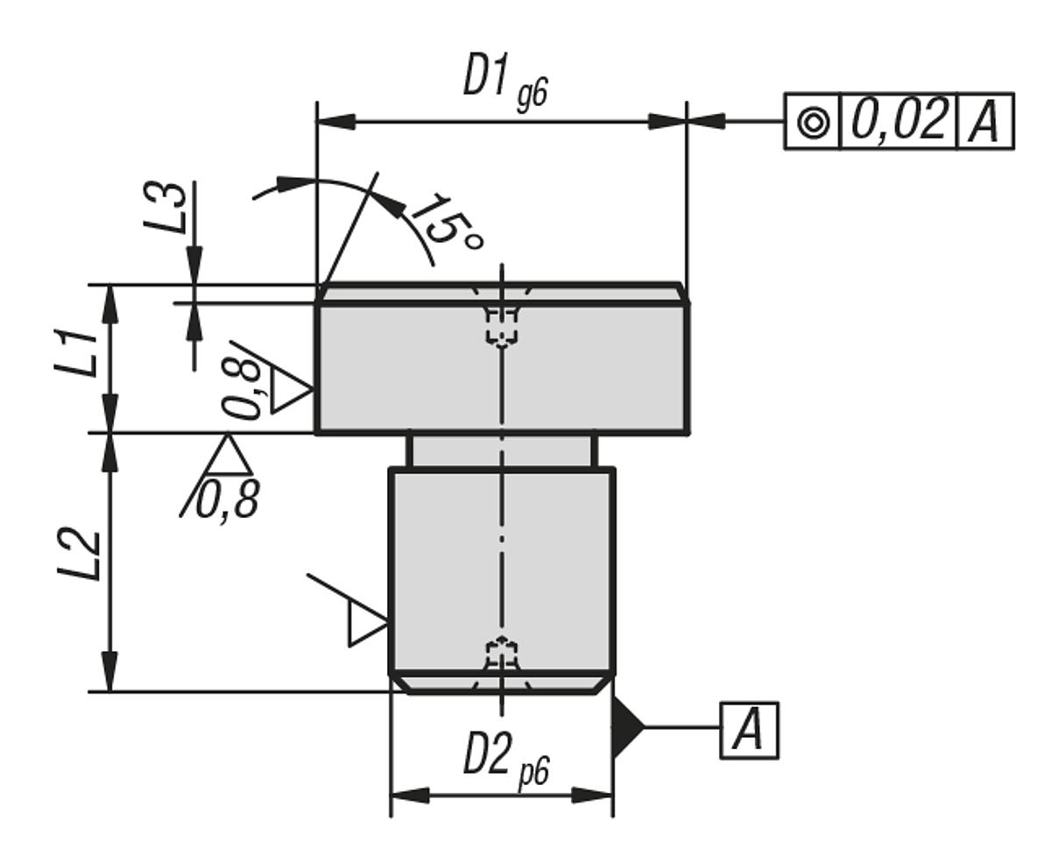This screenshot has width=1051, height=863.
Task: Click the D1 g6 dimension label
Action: [504, 82]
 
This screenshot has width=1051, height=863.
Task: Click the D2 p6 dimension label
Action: [505, 757]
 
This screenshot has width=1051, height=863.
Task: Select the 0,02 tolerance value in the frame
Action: [899, 121]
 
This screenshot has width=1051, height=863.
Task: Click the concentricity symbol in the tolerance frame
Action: [813, 122]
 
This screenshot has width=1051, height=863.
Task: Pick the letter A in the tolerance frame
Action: [984, 122]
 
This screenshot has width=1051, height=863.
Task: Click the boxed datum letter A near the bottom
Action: [749, 730]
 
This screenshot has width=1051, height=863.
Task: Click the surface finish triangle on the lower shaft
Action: [364, 624]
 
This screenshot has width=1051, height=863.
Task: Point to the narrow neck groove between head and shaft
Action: [502, 451]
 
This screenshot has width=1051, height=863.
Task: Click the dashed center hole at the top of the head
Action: [501, 322]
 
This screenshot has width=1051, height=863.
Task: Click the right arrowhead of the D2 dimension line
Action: [593, 795]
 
